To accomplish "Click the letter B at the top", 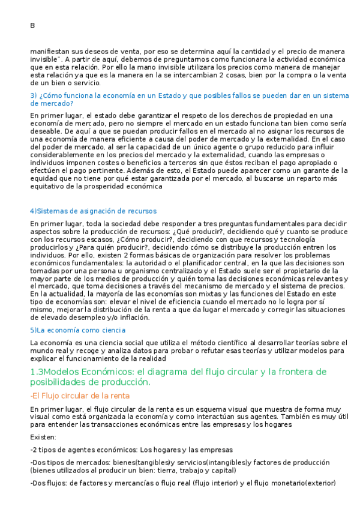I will tap(32, 25).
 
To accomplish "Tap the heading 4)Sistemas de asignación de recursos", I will tap(93, 211).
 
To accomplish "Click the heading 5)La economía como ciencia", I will tap(77, 330).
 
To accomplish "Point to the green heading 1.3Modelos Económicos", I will tap(178, 376).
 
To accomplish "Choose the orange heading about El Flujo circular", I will tap(80, 396).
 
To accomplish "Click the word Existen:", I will tap(43, 437).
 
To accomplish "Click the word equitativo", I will tap(49, 186).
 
